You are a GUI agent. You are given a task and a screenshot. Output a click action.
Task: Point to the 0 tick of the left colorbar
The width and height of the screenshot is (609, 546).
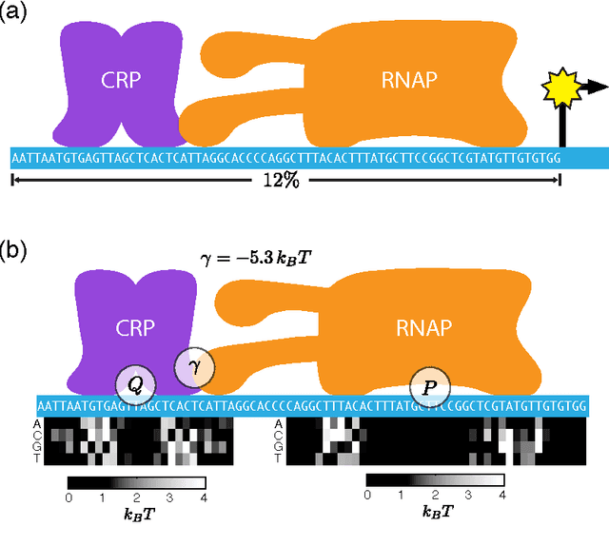click(69, 497)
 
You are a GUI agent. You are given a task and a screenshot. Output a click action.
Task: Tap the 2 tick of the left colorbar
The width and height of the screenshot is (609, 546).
click(136, 497)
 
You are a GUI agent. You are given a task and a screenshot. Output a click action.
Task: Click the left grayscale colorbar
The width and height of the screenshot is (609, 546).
click(136, 481)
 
